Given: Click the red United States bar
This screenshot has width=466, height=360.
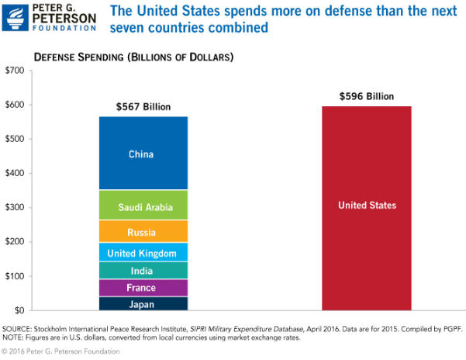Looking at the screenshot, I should click(367, 206).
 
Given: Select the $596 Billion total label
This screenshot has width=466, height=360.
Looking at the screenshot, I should click(367, 96).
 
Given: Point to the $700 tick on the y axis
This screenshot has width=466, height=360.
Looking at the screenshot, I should click(15, 71).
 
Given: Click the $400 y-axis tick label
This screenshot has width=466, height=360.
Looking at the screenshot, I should click(15, 173).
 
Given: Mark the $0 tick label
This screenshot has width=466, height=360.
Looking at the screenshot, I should click(18, 310).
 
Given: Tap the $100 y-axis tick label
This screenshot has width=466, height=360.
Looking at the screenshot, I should click(15, 276).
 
